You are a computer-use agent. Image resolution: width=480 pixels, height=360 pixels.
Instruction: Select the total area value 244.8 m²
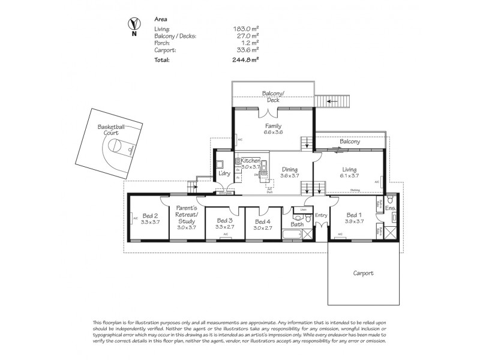coord(246,60)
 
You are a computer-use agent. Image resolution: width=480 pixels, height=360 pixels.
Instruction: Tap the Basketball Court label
coord(114,131)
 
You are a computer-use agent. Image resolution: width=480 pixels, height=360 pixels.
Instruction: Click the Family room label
coord(274,126)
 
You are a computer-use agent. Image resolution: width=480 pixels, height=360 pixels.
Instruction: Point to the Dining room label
coord(290,169)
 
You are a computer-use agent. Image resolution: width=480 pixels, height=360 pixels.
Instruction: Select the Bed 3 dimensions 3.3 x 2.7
coord(225,227)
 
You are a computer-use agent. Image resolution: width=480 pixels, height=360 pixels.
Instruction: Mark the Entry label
coord(321,214)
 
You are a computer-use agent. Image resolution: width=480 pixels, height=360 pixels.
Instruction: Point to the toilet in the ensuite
coord(389,197)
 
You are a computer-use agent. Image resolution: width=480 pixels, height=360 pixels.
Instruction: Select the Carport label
coord(363,273)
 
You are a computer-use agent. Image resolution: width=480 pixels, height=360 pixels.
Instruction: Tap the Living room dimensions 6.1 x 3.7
coord(350,176)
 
